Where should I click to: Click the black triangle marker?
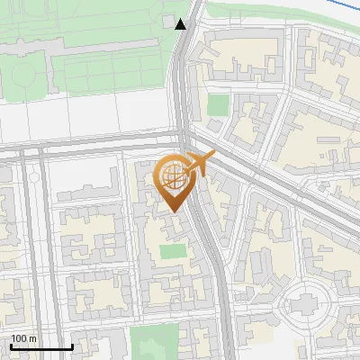[182, 24]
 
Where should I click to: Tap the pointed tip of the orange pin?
[174, 211]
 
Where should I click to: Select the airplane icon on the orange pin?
[198, 164]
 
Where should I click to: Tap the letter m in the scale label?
[33, 338]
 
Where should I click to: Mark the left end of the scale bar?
[10, 346]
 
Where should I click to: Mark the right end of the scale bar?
[72, 346]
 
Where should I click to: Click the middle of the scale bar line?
[41, 346]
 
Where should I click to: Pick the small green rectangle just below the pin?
[173, 252]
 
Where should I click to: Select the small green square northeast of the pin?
[218, 105]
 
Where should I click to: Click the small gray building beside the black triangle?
[169, 21]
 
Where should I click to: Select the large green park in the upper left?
[81, 54]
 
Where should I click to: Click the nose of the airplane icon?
[213, 156]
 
